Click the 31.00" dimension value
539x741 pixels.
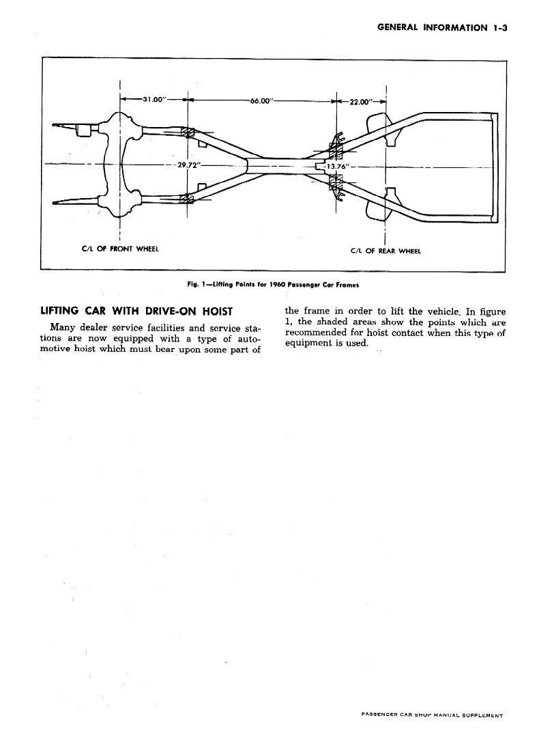[x=154, y=100]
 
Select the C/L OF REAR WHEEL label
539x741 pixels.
[x=385, y=251]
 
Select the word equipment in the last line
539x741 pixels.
[x=309, y=344]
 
